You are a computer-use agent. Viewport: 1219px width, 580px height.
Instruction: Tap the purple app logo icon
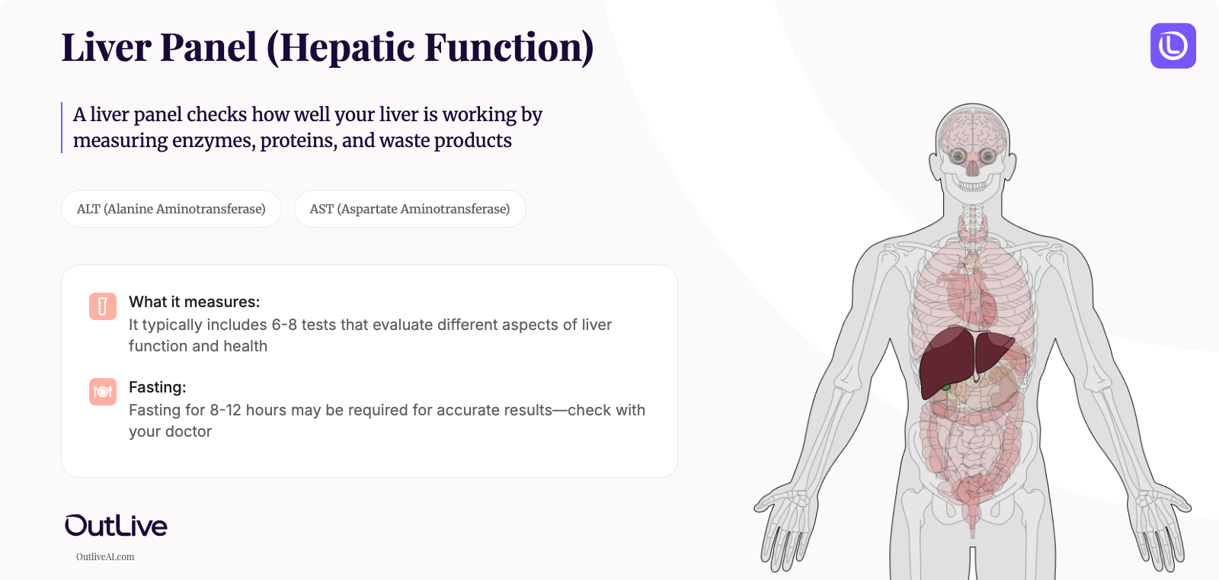1173,46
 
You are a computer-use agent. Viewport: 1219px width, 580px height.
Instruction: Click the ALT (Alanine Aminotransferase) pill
171,209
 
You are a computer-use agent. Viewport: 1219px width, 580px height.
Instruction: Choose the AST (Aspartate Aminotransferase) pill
410,209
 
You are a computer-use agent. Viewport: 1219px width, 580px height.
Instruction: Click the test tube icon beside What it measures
103,306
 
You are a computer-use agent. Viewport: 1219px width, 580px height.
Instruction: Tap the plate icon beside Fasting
103,392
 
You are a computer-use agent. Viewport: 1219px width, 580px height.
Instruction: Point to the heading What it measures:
194,302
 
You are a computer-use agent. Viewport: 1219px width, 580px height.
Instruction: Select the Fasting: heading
158,387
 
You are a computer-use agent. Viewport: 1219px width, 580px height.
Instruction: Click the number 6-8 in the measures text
284,325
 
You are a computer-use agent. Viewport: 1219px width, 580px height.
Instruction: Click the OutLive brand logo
116,525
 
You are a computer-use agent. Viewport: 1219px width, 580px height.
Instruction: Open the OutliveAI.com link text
105,557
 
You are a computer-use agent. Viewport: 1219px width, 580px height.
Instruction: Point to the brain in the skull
972,130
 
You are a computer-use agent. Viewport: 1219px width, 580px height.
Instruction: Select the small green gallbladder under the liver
946,387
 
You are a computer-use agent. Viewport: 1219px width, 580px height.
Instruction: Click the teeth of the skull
973,185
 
